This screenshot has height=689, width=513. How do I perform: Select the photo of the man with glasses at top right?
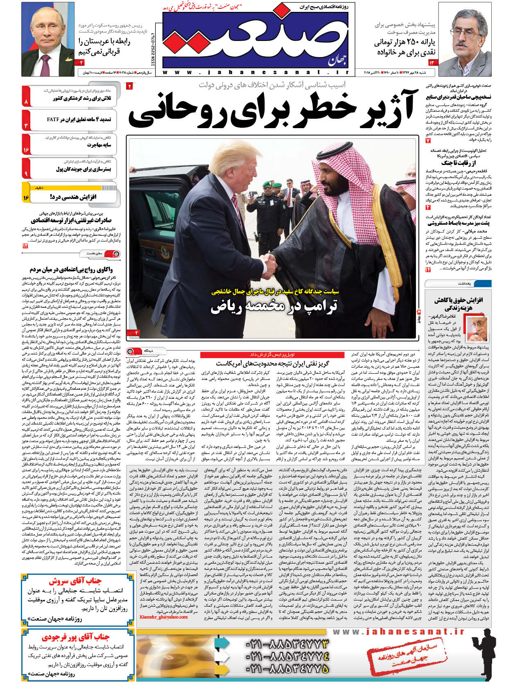click(x=465, y=41)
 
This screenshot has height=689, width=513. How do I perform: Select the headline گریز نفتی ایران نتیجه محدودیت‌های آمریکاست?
click(x=272, y=363)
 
